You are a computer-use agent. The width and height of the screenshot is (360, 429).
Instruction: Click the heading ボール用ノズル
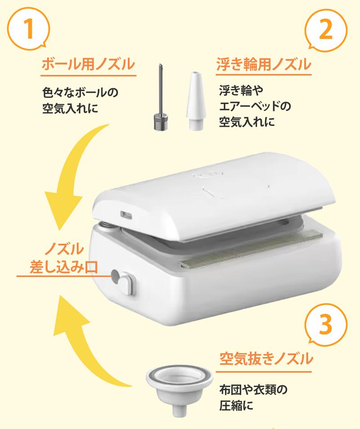click(88, 64)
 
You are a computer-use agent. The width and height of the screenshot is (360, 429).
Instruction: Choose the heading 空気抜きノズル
click(266, 358)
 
